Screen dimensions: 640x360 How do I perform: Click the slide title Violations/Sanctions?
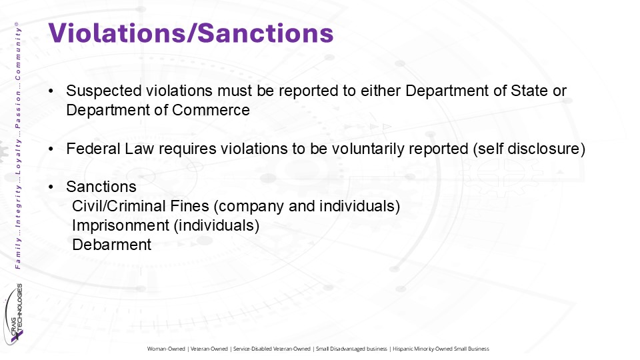(191, 33)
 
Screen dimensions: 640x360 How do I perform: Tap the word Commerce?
(211, 110)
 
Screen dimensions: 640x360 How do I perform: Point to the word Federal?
(93, 149)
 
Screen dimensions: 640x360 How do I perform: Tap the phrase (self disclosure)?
(529, 149)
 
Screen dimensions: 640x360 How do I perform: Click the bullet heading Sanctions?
(101, 187)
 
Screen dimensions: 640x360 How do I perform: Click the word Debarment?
(112, 245)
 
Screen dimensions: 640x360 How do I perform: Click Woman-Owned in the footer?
(166, 349)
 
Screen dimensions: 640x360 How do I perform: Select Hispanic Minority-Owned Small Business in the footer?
(441, 349)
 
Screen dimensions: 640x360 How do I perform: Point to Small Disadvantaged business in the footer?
(351, 349)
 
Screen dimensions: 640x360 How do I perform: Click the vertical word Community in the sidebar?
(17, 54)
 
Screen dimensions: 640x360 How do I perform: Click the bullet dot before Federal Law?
(51, 149)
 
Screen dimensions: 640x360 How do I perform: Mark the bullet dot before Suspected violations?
(51, 91)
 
